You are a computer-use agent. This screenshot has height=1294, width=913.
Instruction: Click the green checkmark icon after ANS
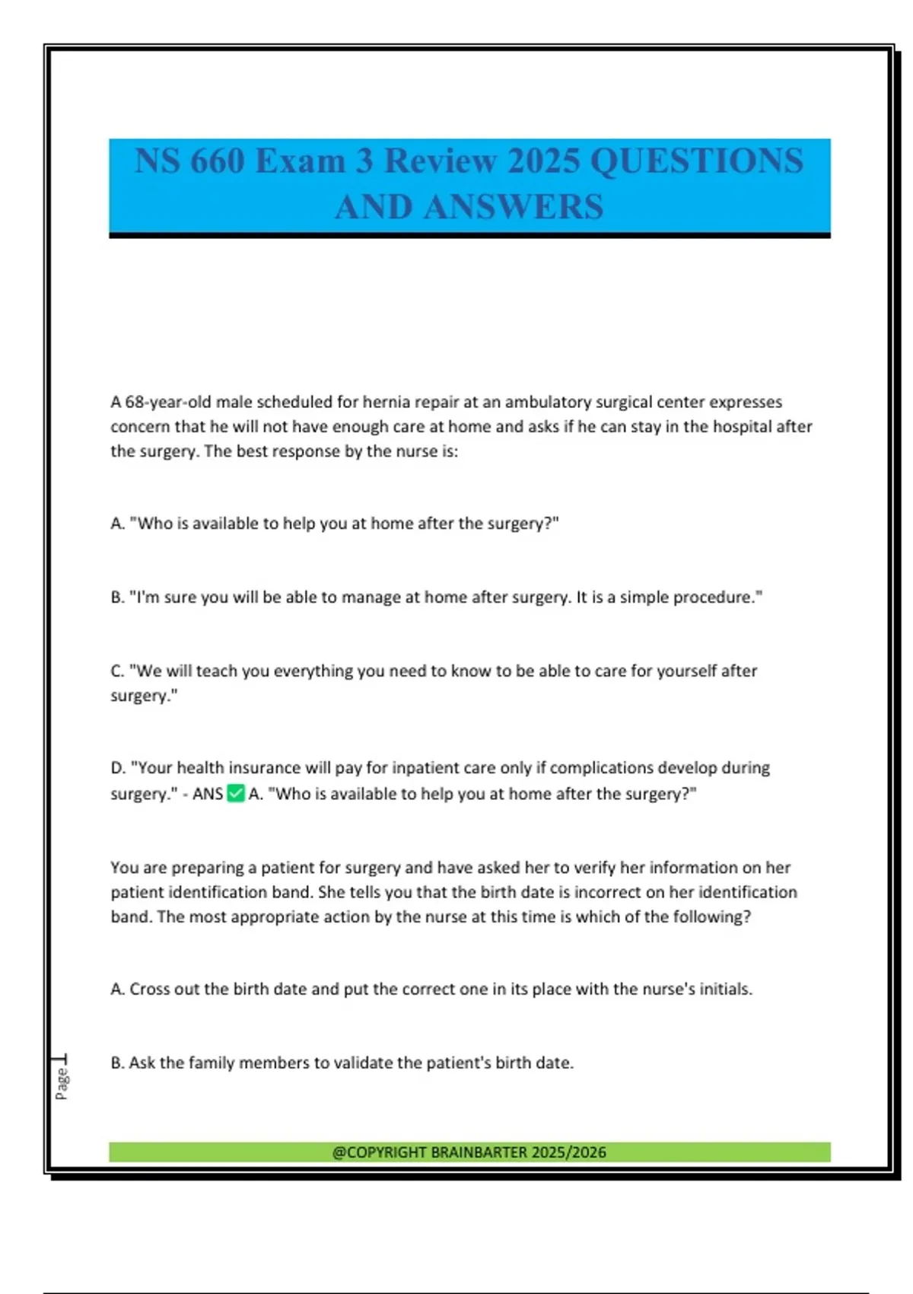(x=236, y=794)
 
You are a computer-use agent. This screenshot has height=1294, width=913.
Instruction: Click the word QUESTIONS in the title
(x=696, y=161)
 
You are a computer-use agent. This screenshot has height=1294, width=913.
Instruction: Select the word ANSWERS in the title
(x=514, y=207)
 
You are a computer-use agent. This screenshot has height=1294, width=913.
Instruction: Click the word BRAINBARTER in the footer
(x=479, y=1152)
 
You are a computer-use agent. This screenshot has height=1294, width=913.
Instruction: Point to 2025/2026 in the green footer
(x=569, y=1152)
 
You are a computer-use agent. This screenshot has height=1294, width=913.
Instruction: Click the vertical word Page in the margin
(x=62, y=1082)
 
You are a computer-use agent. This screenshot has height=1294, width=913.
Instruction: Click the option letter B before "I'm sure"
(x=116, y=598)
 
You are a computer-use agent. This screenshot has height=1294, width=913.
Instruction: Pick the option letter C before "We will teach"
(x=116, y=671)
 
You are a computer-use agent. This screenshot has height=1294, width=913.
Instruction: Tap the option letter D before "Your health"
(x=117, y=768)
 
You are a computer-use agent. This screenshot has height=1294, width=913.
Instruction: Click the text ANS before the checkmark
(x=208, y=794)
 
